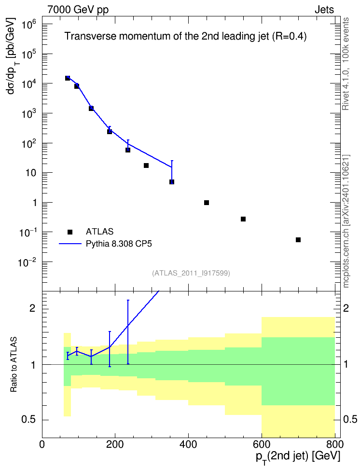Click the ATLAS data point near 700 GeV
(298, 240)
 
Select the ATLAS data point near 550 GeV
(243, 219)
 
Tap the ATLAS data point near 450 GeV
(207, 203)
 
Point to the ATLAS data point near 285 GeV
(146, 166)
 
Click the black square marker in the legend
(70, 232)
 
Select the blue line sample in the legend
(70, 244)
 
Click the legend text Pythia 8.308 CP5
(119, 244)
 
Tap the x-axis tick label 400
(188, 444)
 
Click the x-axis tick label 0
(42, 444)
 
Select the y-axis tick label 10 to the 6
(28, 25)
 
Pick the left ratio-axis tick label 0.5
(29, 420)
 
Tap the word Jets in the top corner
(324, 10)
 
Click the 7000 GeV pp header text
(78, 10)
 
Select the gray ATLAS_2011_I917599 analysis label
(191, 273)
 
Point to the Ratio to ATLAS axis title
(14, 364)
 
